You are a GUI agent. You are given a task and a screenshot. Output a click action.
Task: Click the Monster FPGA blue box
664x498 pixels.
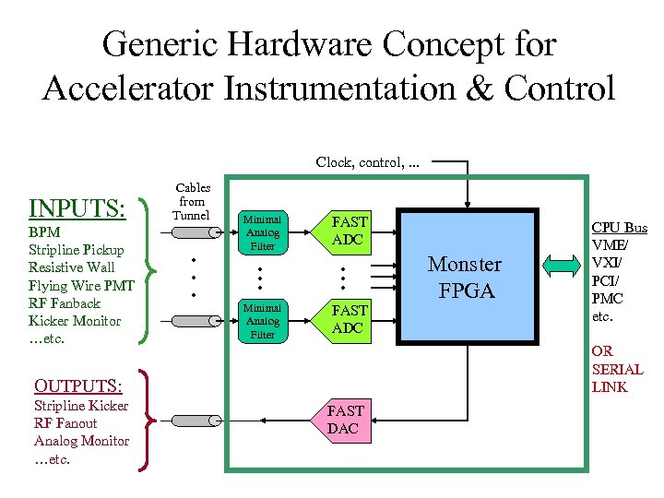pos(466,278)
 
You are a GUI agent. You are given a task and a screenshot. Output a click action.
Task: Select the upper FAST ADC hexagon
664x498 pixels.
pos(350,231)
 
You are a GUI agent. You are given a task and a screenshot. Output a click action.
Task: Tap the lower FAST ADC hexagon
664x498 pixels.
pos(350,319)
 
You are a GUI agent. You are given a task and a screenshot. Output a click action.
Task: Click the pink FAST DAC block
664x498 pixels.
pos(346,420)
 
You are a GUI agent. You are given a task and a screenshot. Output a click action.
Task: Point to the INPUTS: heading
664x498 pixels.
pos(77,208)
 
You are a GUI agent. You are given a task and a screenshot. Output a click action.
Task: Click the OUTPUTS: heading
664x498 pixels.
pos(77,385)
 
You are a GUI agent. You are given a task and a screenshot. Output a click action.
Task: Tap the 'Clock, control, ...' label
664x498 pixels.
pos(367,161)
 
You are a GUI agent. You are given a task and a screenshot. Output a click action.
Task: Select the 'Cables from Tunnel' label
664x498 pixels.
pos(193,201)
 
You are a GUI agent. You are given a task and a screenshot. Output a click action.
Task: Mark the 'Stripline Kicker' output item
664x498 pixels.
pos(81,406)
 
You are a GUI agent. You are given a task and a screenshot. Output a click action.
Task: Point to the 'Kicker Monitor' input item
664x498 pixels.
pos(75,321)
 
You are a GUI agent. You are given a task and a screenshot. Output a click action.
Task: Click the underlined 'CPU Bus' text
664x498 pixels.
pos(619,228)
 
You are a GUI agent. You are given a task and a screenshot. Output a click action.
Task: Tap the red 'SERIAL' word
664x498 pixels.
pos(617,369)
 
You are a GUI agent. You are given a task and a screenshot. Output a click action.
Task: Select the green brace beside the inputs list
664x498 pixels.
pos(146,269)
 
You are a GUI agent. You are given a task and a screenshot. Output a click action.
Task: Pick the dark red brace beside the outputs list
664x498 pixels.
pos(146,421)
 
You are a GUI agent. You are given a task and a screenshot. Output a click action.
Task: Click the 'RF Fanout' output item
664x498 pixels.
pos(65,423)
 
